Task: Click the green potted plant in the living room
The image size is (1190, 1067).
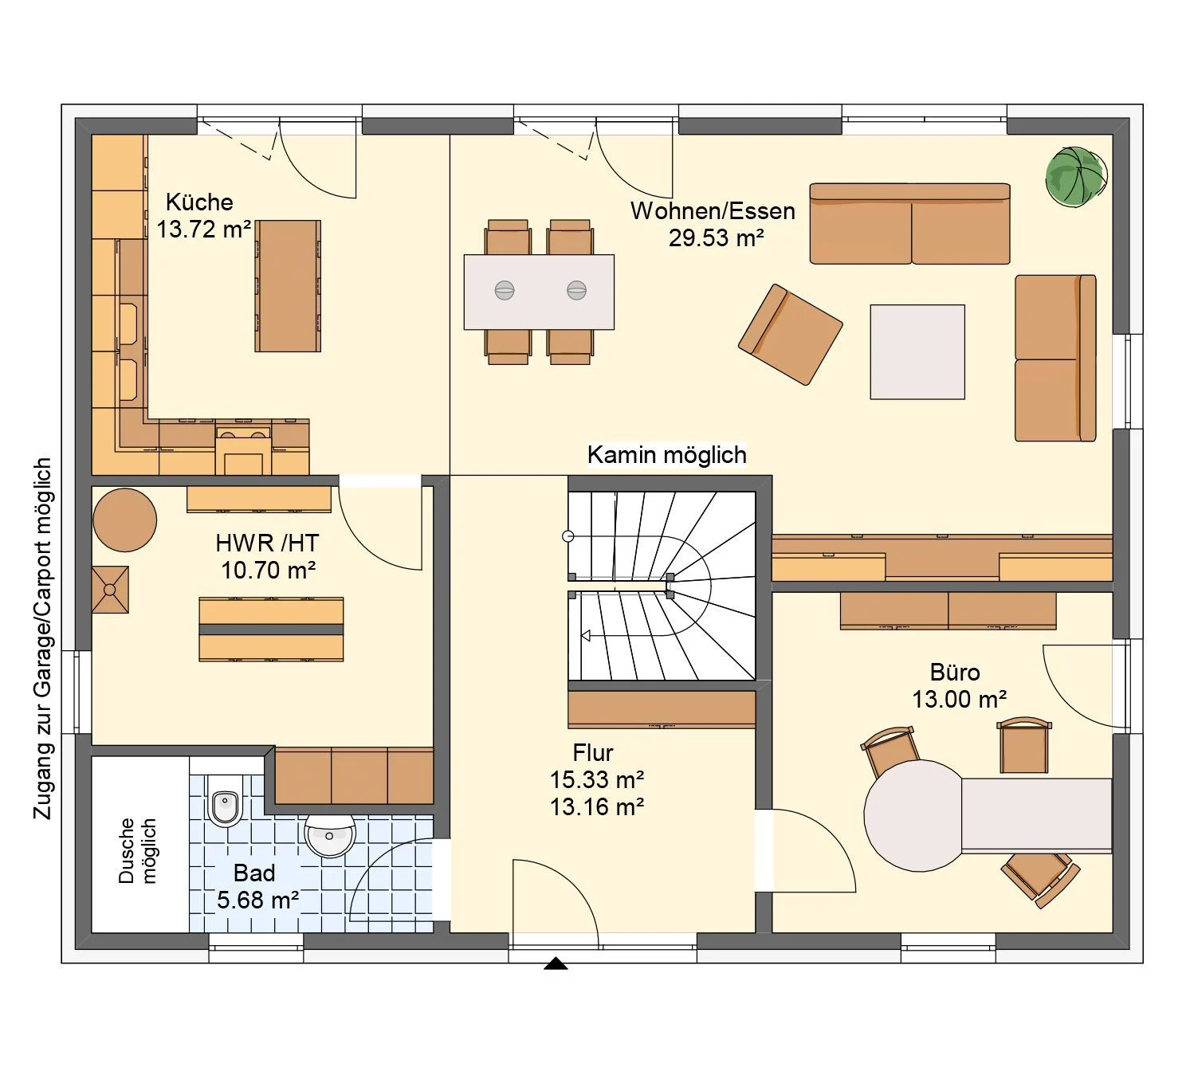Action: pyautogui.click(x=1076, y=177)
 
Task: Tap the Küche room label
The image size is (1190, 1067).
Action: pyautogui.click(x=199, y=202)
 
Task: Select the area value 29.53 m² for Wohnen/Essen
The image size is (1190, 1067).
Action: pyautogui.click(x=716, y=237)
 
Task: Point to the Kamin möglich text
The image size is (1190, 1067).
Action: pyautogui.click(x=666, y=454)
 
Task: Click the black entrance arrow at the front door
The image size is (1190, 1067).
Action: pyautogui.click(x=556, y=963)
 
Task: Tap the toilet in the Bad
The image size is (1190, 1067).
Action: pyautogui.click(x=226, y=801)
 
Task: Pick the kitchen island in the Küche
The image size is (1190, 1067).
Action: pyautogui.click(x=288, y=286)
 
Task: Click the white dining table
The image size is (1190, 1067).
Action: pyautogui.click(x=539, y=292)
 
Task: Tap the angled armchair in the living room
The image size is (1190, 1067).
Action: pyautogui.click(x=790, y=334)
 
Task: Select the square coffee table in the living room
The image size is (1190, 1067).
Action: pyautogui.click(x=917, y=351)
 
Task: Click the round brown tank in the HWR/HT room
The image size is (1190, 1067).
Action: pyautogui.click(x=125, y=520)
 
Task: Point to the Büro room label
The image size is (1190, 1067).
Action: pyautogui.click(x=955, y=673)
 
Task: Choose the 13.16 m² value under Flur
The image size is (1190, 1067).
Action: pyautogui.click(x=597, y=807)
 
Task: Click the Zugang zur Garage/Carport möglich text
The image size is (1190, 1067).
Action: pyautogui.click(x=43, y=638)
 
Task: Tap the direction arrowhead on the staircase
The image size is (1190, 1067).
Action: pyautogui.click(x=586, y=635)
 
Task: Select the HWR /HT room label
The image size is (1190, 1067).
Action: pyautogui.click(x=267, y=543)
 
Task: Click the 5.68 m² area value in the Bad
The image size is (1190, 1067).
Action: pyautogui.click(x=258, y=900)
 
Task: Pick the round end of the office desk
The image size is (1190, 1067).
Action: pyautogui.click(x=912, y=815)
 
